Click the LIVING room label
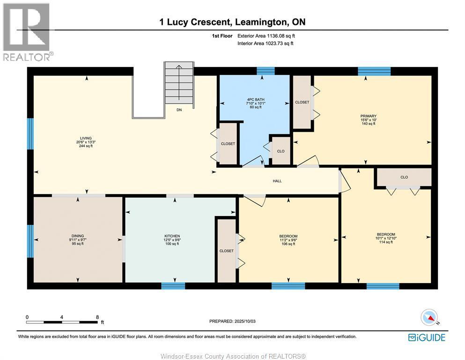click(86, 138)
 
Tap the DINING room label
click(78, 236)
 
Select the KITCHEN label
click(172, 236)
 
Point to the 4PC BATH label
click(256, 100)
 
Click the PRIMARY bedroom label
click(369, 116)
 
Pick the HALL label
click(277, 181)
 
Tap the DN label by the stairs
click(179, 110)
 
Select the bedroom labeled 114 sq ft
click(386, 238)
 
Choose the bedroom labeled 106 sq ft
click(288, 240)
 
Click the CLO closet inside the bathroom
click(281, 151)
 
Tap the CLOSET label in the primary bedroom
click(302, 102)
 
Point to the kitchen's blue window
click(173, 286)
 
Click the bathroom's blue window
click(266, 71)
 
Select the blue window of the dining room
click(30, 241)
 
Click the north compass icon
click(429, 318)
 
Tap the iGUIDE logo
click(427, 337)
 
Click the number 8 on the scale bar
click(97, 317)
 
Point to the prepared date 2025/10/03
click(245, 321)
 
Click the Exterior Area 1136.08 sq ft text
click(266, 36)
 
